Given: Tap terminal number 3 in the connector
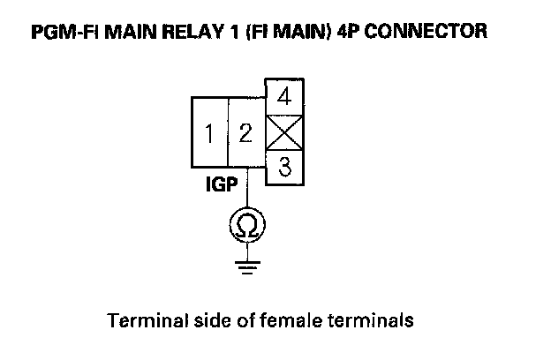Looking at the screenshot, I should [x=284, y=167].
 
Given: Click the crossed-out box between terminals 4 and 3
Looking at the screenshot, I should [x=284, y=131].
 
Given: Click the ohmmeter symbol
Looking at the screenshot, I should [x=247, y=228].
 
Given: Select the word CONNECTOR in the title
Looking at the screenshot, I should [x=427, y=32].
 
